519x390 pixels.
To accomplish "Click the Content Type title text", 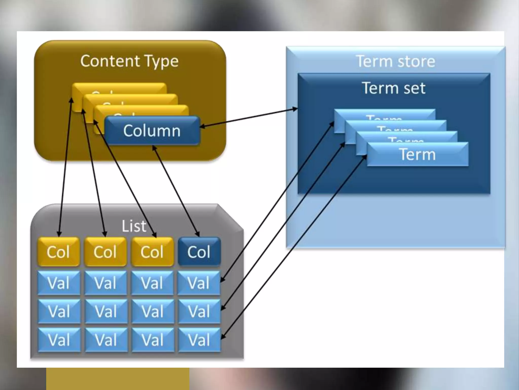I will point(129,61).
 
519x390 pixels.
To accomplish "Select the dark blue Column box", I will point(152,131).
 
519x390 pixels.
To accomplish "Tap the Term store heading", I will point(396,61).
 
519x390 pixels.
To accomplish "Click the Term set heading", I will point(394,88).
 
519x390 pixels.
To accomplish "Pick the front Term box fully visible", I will point(417,154).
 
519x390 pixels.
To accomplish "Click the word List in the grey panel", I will point(134,226).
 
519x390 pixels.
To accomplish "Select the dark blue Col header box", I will point(199,252).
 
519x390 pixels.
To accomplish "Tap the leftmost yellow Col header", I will point(59,252).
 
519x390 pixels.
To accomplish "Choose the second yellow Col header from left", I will point(105,252).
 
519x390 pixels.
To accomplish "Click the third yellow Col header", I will point(152,252).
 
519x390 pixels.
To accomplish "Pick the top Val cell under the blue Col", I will point(199,283).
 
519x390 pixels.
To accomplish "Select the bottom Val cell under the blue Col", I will point(199,340).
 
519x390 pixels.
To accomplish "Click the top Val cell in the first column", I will point(59,283).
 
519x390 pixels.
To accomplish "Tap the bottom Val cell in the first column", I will point(59,340).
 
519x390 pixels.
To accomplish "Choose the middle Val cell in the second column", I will point(106,311).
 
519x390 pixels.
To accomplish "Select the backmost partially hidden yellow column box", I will point(119,88).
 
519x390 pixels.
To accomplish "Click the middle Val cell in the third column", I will point(153,311).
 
